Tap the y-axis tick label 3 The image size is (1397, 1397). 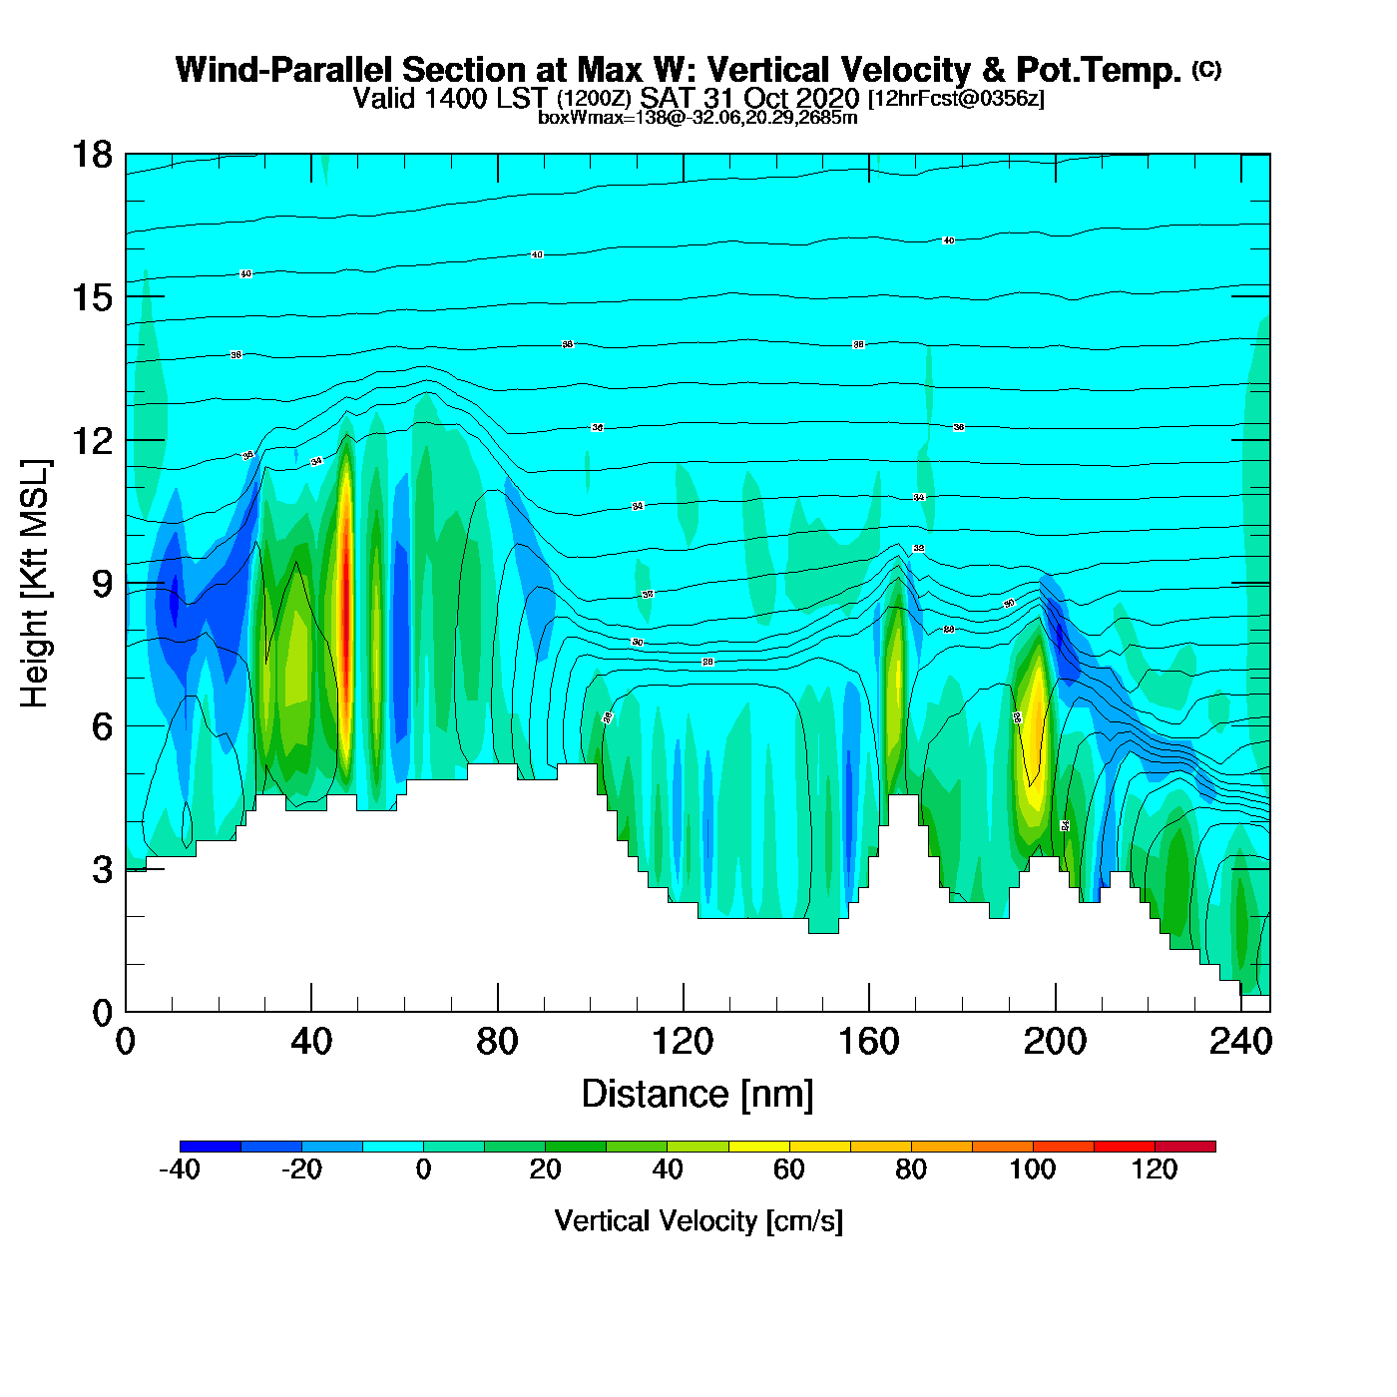point(102,869)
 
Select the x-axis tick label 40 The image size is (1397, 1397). point(311,1042)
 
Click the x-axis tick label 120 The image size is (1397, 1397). point(683,1042)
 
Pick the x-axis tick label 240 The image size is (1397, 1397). point(1240,1042)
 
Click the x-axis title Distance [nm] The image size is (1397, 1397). point(698,1094)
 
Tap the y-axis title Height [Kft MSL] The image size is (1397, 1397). point(35,584)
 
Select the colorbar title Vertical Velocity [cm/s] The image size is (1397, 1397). point(698,1220)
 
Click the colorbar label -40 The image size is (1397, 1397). point(180,1169)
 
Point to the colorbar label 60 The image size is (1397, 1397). point(788,1169)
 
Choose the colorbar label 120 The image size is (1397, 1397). point(1155,1169)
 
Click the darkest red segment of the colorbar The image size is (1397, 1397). point(1185,1147)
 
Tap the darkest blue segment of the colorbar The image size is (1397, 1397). point(211,1147)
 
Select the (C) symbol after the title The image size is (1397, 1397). point(1205,69)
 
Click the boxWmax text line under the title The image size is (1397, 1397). point(698,118)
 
